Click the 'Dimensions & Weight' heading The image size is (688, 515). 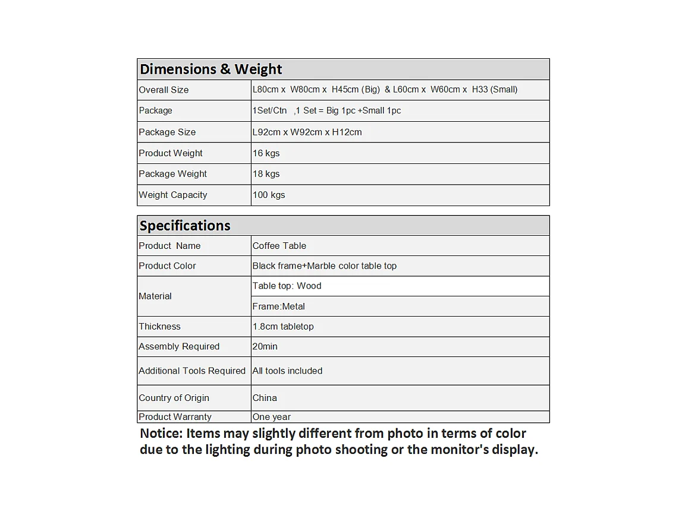click(211, 69)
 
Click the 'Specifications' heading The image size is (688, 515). click(185, 226)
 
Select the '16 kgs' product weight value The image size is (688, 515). click(266, 153)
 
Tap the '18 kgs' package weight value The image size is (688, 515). click(266, 174)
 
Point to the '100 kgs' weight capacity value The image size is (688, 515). click(269, 195)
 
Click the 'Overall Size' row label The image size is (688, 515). click(164, 90)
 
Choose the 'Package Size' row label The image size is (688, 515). click(167, 132)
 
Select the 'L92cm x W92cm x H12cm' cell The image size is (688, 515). click(307, 132)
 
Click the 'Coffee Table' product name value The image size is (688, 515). click(279, 246)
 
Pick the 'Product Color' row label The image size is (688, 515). click(167, 266)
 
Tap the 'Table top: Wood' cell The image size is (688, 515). click(287, 286)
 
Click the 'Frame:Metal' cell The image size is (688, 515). click(278, 307)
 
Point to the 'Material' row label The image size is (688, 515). click(155, 296)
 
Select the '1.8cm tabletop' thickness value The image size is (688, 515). click(283, 327)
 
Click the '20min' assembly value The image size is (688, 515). click(265, 347)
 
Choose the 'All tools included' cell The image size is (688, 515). click(287, 371)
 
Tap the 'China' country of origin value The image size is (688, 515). click(265, 398)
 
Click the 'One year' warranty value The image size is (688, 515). click(271, 417)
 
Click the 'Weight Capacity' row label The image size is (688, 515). click(173, 195)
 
